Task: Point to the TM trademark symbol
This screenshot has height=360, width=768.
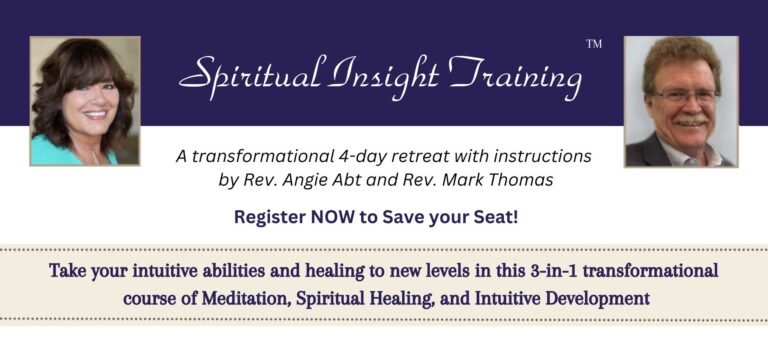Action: tap(593, 45)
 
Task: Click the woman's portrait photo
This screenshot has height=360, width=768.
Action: tap(85, 101)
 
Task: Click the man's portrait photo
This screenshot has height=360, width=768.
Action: tap(681, 101)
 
